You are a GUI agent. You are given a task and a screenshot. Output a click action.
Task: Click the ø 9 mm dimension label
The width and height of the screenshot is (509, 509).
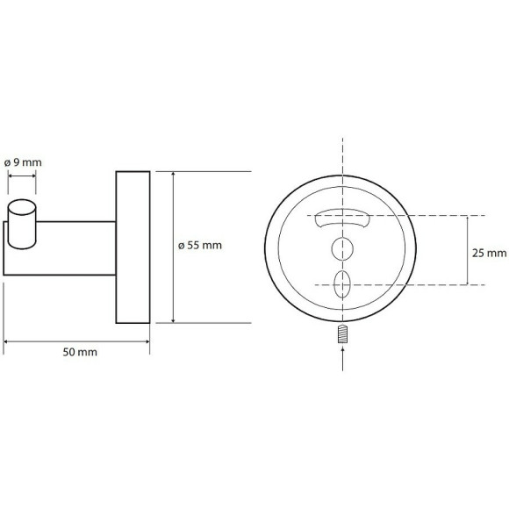[x=23, y=162]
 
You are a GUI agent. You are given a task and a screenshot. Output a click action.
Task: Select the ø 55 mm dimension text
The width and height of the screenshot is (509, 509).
[x=200, y=246]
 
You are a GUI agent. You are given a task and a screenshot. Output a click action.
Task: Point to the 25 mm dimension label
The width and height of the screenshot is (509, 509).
[x=490, y=253]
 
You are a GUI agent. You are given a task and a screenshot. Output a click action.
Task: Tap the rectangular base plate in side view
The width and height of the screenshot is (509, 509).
[x=133, y=247]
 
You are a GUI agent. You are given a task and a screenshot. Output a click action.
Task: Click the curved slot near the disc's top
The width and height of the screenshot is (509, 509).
[x=344, y=217]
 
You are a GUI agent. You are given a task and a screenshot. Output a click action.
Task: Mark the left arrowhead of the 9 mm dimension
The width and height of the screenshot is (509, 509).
[x=11, y=176]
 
